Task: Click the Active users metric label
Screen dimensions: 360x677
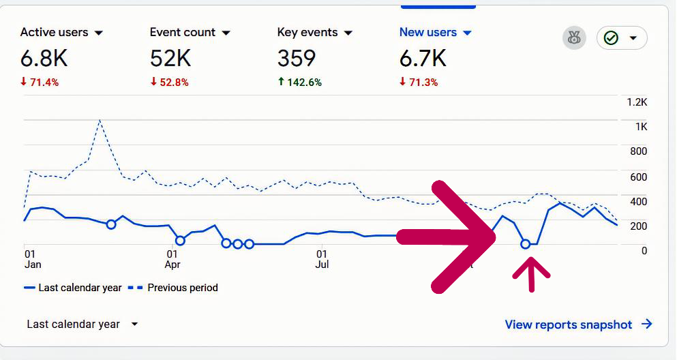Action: (x=54, y=33)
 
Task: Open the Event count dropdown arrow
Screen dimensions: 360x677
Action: (x=226, y=33)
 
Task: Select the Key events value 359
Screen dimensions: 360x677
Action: (x=297, y=59)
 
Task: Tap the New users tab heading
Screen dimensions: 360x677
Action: (x=427, y=33)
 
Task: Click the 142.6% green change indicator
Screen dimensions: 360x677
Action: (x=299, y=82)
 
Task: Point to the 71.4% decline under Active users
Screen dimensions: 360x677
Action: (x=40, y=82)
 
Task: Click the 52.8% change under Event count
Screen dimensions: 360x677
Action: (x=169, y=82)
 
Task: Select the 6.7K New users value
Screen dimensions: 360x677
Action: (x=423, y=59)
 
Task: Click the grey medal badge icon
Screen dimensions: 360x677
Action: (x=574, y=38)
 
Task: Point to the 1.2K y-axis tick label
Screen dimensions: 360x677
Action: (x=637, y=102)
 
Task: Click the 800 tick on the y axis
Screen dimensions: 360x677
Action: (x=638, y=151)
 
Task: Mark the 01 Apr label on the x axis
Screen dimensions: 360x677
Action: (x=173, y=258)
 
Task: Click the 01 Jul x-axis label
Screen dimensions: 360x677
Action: (x=322, y=258)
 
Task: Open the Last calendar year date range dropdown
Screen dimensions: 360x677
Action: (x=82, y=325)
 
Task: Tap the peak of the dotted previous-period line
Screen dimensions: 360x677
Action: (x=100, y=121)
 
